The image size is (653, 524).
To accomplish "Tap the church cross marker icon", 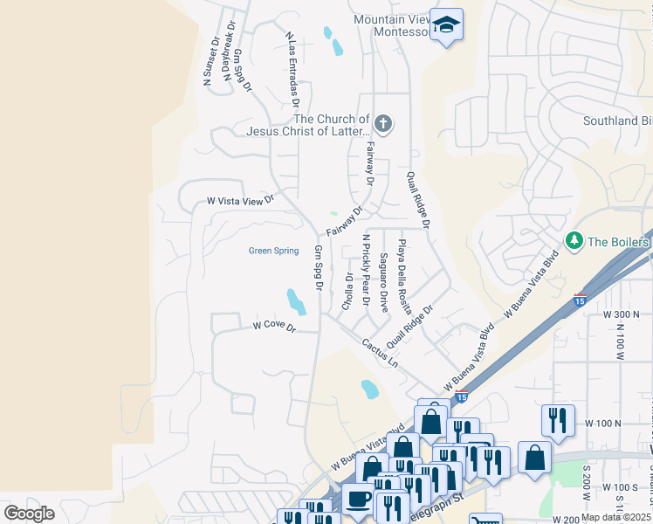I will (383, 123).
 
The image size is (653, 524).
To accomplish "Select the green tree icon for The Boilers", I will (574, 240).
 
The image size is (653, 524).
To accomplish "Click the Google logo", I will (29, 513).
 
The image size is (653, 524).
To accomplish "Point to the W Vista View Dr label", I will (240, 201).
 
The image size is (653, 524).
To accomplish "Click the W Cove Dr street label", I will (275, 327).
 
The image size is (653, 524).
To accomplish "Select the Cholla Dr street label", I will (347, 292).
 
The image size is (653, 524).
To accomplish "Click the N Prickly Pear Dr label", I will (367, 272).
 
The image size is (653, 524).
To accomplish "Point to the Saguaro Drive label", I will (384, 283).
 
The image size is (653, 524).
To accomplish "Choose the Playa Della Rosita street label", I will (403, 277).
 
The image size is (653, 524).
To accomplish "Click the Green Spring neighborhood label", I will (273, 251).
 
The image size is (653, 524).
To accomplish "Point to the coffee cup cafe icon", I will (357, 499).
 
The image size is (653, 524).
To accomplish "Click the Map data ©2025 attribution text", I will (615, 517).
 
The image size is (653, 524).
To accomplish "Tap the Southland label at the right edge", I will (615, 121).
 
